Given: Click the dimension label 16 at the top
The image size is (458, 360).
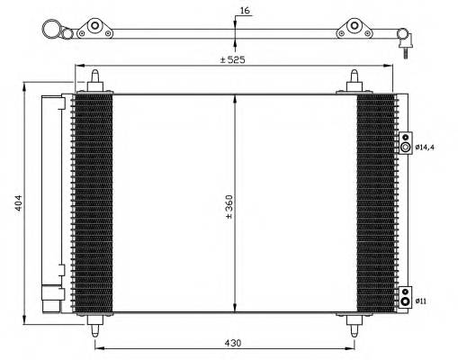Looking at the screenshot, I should coord(245,11).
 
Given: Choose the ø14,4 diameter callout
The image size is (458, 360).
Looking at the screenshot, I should coord(425,146).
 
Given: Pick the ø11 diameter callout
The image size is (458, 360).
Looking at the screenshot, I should coord(422,301).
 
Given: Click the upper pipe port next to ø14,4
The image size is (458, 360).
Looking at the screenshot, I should coord(406,146).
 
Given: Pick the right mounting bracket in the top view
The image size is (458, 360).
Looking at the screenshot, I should coord(356,29).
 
